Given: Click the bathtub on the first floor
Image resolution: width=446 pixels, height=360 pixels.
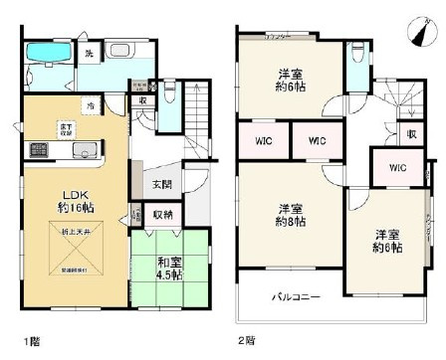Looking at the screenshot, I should point(45,55).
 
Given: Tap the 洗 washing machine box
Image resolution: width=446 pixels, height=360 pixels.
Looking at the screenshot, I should point(89,53).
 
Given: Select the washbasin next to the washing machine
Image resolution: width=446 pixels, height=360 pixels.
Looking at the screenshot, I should point(119,53).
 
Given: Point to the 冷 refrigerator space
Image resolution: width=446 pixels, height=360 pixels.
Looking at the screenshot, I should point(90,104).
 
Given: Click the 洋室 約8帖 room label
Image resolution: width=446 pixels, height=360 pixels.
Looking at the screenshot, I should point(289,216).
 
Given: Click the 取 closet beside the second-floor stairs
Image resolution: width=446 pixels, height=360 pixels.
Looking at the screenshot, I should point(409,134).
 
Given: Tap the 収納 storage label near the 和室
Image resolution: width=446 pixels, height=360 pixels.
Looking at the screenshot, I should point(161,215).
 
